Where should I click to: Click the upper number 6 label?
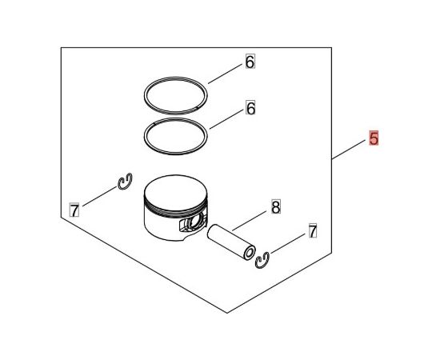[x=250, y=62]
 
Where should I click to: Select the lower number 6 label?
[x=250, y=107]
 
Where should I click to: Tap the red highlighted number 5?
[x=374, y=138]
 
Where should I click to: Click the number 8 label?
[x=276, y=206]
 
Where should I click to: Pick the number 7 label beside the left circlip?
[x=74, y=210]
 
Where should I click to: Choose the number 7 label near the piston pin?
[x=312, y=230]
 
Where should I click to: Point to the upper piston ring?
[x=176, y=78]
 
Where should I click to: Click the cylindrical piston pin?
[x=231, y=242]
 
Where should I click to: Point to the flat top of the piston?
[x=176, y=193]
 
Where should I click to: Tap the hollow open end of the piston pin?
[x=249, y=254]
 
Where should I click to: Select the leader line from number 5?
[x=349, y=150]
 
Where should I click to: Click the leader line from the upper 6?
[x=225, y=74]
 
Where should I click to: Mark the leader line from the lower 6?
[x=226, y=119]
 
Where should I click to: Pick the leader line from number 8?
[x=249, y=221]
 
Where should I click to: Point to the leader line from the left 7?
[x=99, y=197]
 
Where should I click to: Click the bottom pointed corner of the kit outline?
[x=227, y=313]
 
